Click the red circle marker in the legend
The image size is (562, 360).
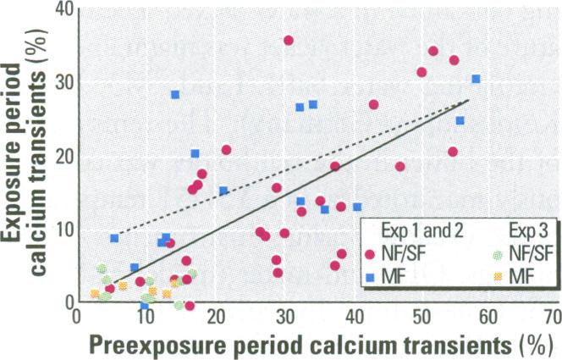[370, 252]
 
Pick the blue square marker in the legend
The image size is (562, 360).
[370, 276]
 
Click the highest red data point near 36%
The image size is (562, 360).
[289, 41]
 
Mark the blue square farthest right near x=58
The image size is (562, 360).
[476, 79]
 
